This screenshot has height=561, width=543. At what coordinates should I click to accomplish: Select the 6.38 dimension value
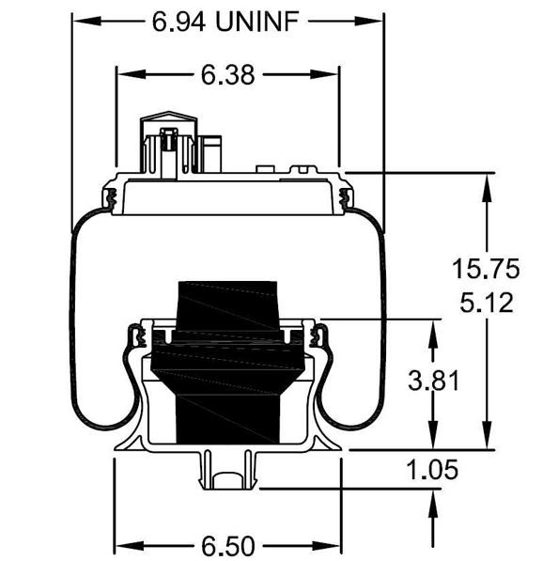pyautogui.click(x=227, y=75)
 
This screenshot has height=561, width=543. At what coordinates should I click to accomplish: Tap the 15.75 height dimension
pyautogui.click(x=485, y=269)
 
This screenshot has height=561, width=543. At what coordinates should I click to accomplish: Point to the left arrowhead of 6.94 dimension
pyautogui.click(x=80, y=21)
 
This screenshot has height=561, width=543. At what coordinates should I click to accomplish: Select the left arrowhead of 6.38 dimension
pyautogui.click(x=123, y=75)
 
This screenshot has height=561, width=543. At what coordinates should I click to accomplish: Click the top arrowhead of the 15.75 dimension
pyautogui.click(x=485, y=181)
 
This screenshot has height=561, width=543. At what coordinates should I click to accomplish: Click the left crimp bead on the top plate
pyautogui.click(x=111, y=198)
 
